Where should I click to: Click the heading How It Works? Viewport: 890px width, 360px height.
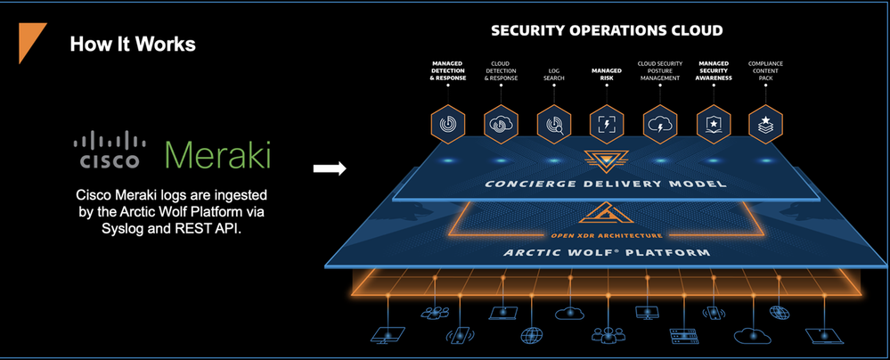coord(133,43)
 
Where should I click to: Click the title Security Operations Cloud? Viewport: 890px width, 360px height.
coord(607,31)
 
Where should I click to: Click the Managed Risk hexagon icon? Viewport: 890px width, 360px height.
coord(607,123)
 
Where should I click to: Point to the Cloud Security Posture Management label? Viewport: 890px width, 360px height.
coord(660,70)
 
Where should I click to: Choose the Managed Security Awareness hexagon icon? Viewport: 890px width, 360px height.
coord(714,123)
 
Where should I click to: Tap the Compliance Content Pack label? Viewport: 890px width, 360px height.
coord(766,70)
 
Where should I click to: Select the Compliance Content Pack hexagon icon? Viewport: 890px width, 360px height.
coord(766,123)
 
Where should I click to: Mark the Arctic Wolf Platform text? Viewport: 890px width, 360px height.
coord(605,253)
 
